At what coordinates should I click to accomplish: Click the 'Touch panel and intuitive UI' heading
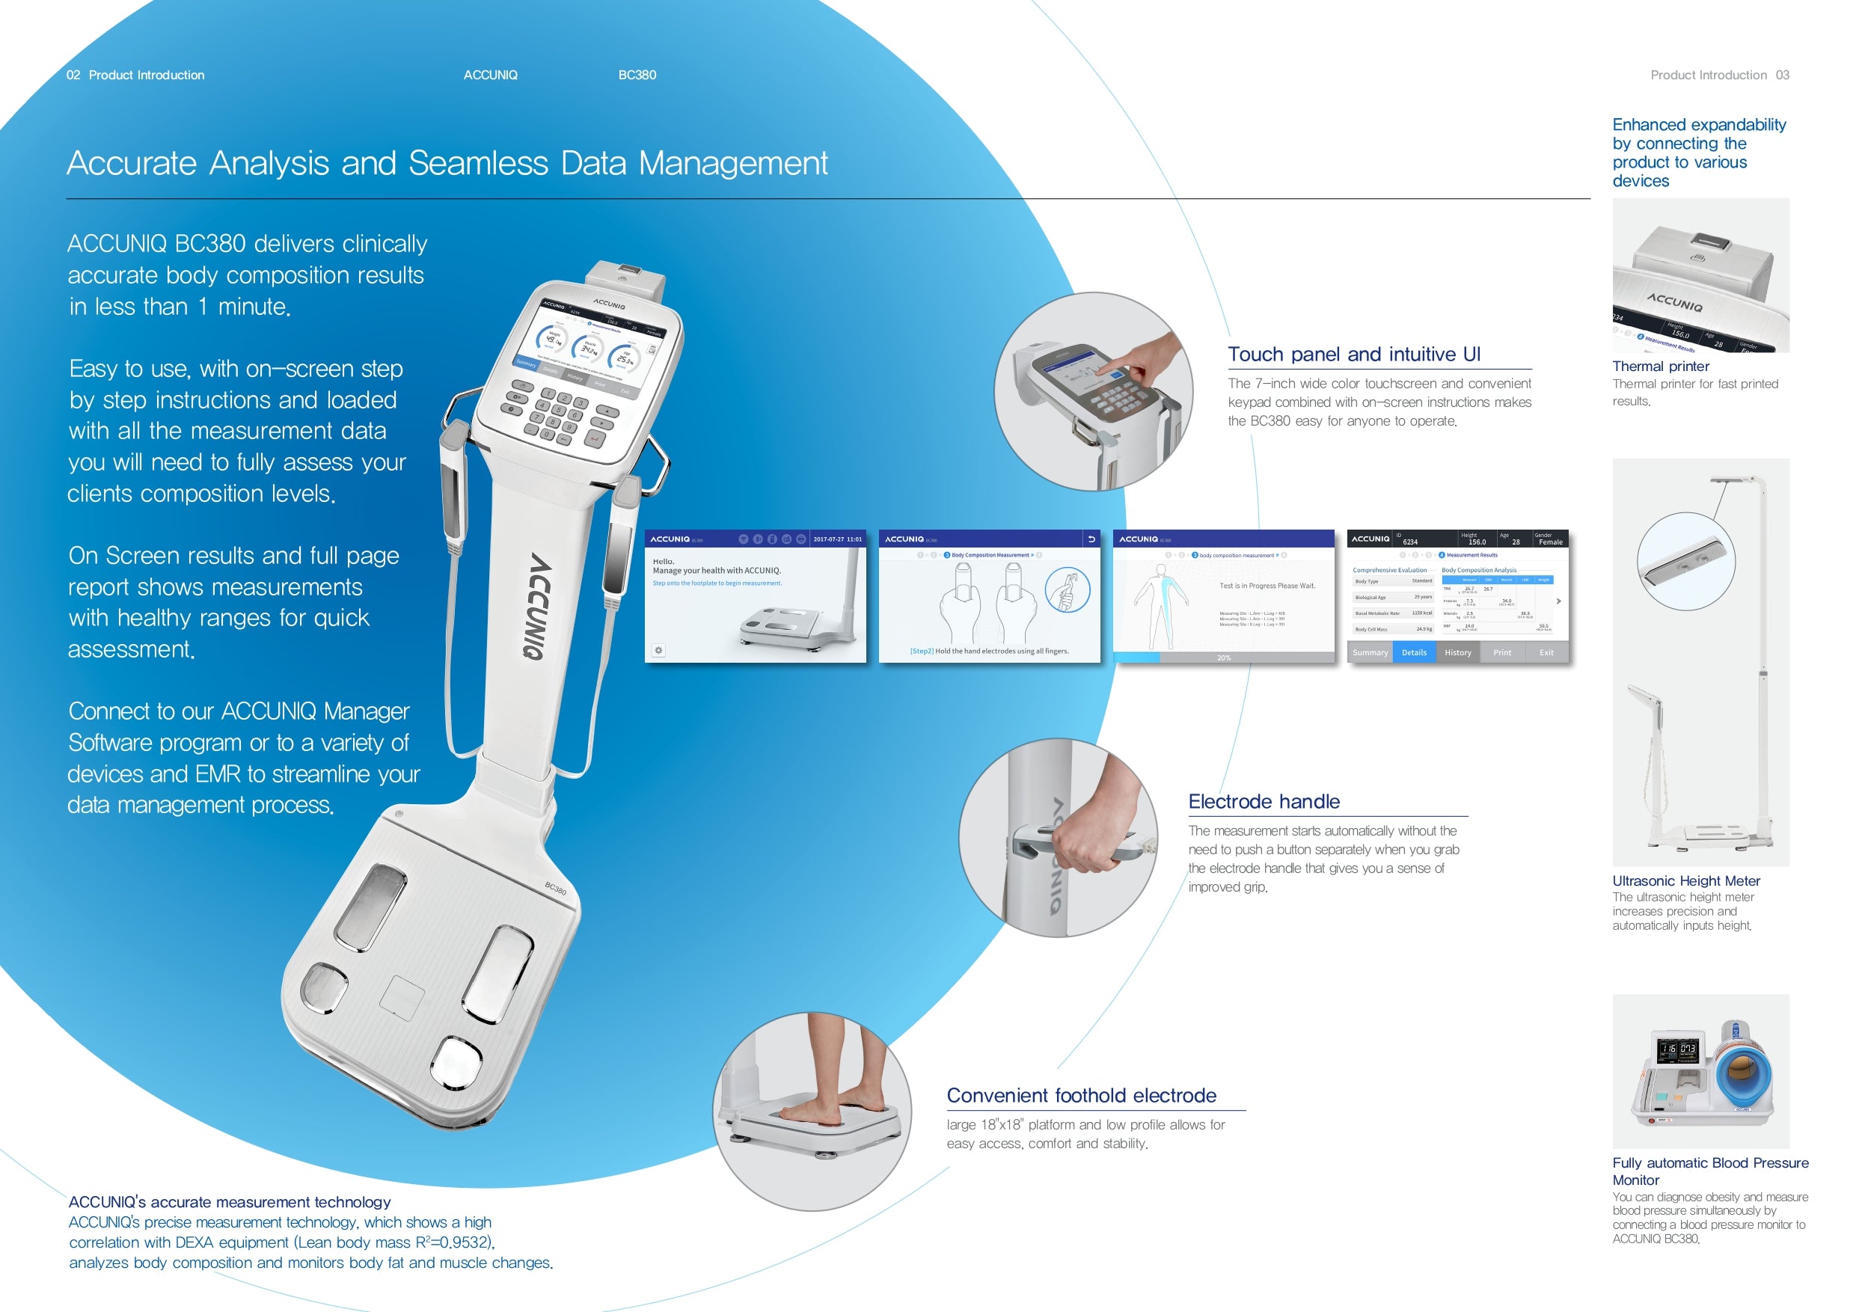(1354, 354)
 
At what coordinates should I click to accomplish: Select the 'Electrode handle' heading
(1264, 801)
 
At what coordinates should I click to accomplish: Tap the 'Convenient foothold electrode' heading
(1082, 1095)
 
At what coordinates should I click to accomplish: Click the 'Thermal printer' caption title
(1661, 367)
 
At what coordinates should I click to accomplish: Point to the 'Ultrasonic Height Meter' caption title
(1685, 880)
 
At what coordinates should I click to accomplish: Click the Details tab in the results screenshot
(1414, 652)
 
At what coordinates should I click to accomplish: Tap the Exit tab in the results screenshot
(1546, 652)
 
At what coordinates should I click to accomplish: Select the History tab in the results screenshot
(1457, 652)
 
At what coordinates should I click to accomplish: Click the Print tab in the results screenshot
(1502, 652)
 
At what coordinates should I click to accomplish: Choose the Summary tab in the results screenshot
(1370, 652)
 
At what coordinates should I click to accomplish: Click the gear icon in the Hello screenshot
(659, 650)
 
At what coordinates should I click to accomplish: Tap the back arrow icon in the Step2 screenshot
(1091, 539)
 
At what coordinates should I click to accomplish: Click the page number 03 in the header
(1783, 76)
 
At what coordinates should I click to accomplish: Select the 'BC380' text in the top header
(637, 76)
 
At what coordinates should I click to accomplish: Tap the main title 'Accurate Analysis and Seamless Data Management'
(447, 163)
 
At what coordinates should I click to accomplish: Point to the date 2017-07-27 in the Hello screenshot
(837, 539)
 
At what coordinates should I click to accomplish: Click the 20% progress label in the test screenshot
(1224, 658)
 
